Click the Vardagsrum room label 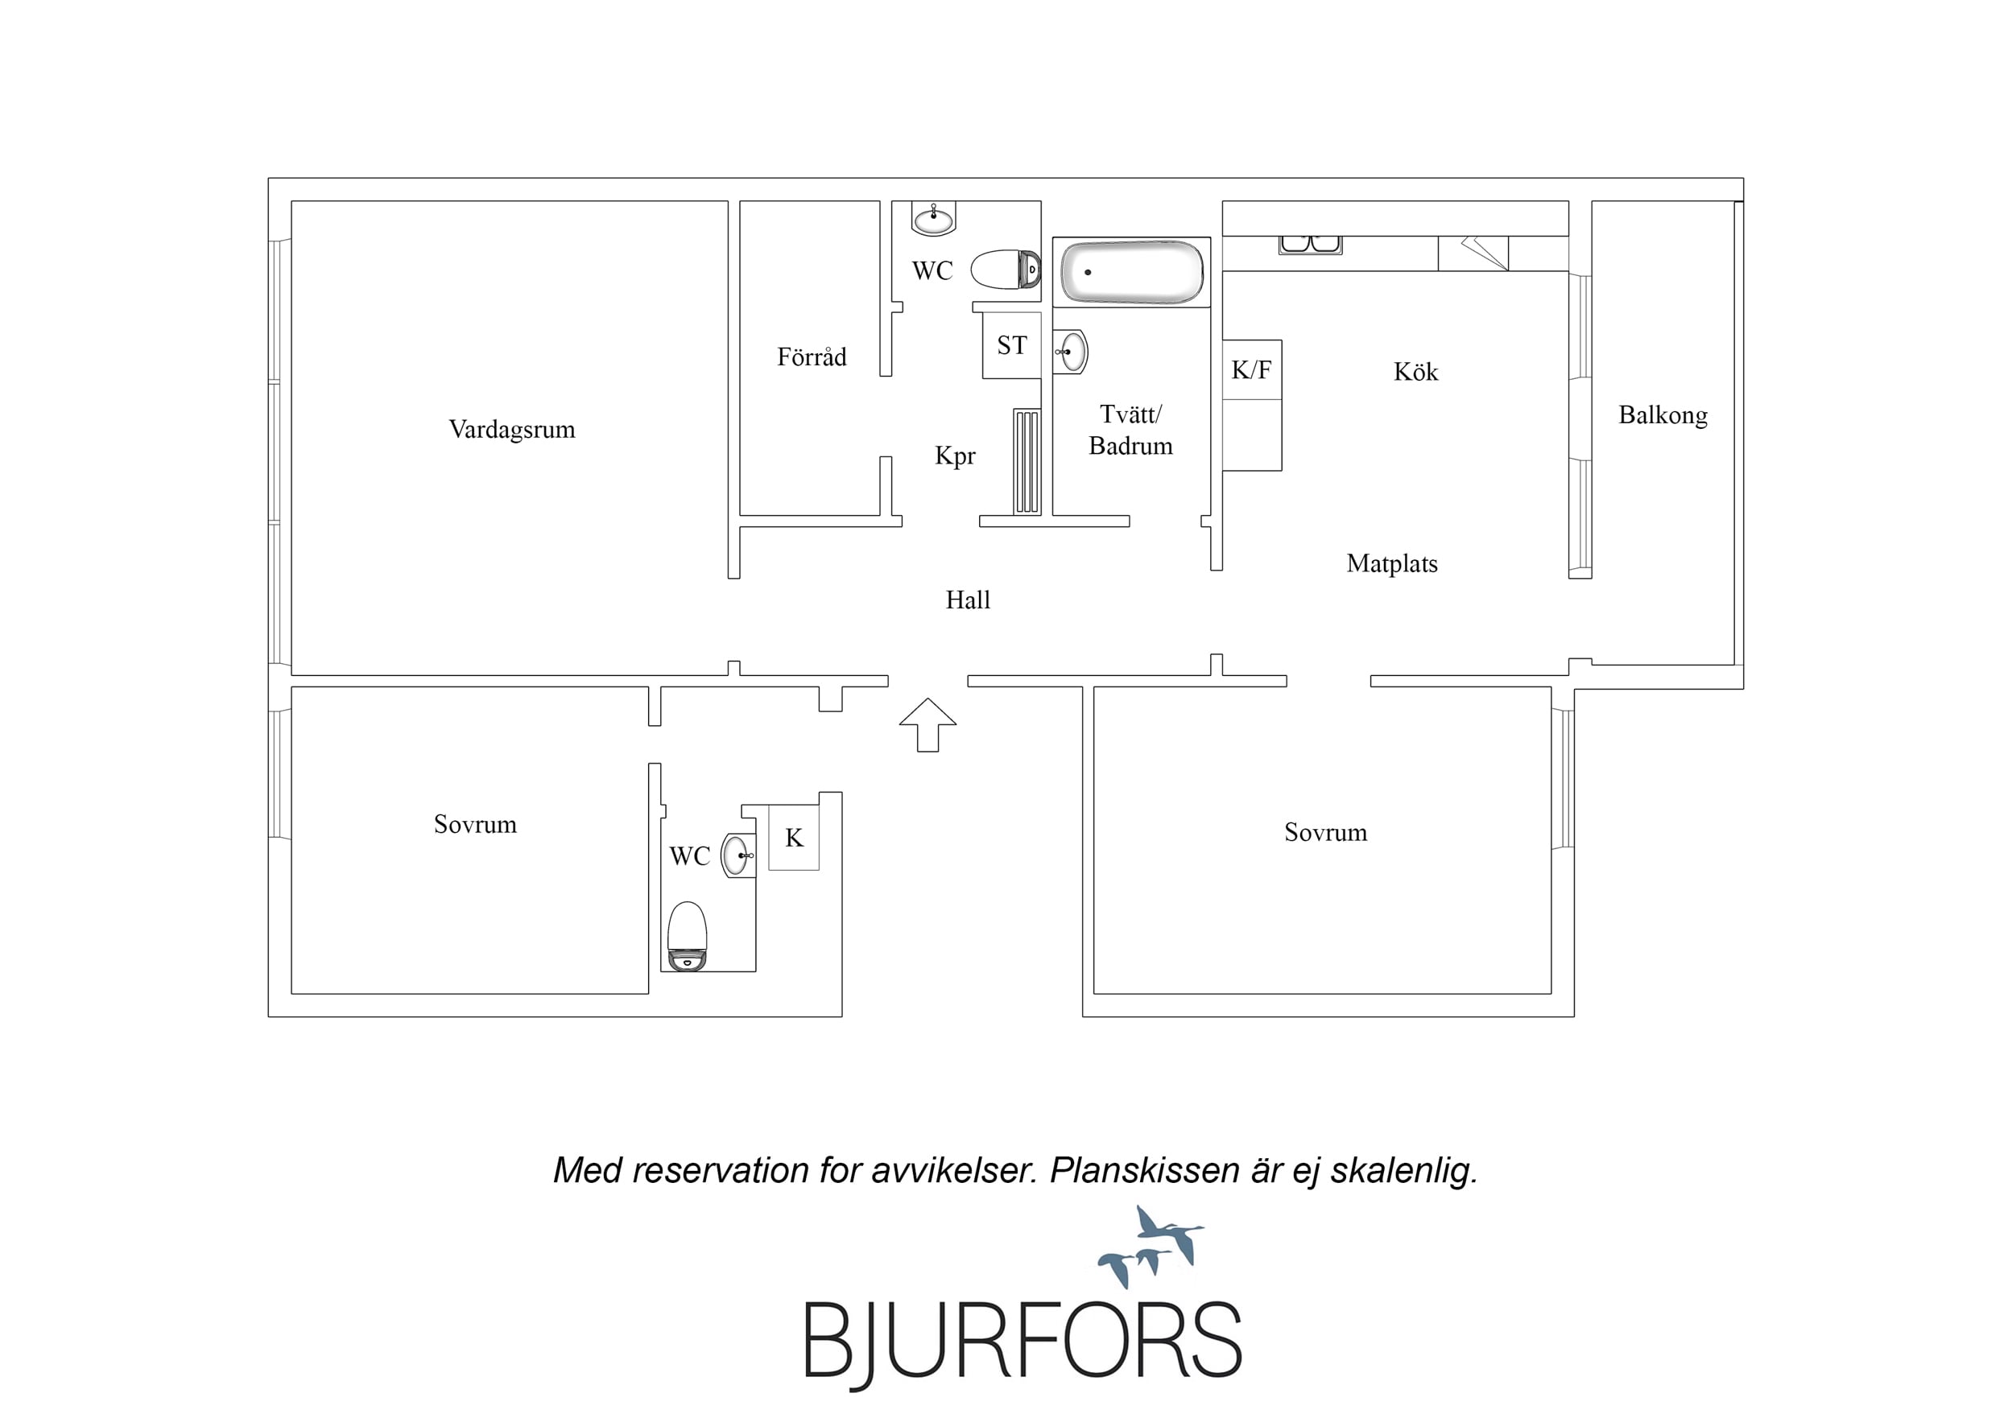[512, 429]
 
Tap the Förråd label [812, 357]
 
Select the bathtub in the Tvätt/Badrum [1131, 273]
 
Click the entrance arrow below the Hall [928, 724]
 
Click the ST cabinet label [1012, 345]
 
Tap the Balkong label [1663, 415]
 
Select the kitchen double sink [1310, 245]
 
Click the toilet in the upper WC [1006, 269]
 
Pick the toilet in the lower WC [687, 936]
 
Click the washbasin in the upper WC [933, 218]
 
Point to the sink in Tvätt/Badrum [1070, 352]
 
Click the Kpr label [955, 456]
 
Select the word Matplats [1391, 563]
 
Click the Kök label [1415, 372]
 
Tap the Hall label [968, 600]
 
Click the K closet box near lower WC [794, 838]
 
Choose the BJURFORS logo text [1023, 1341]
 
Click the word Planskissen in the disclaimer [1144, 1171]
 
